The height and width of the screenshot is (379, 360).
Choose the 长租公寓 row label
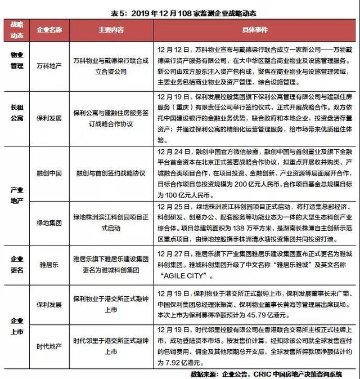tap(17, 112)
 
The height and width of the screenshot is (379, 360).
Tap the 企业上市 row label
tap(17, 326)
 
